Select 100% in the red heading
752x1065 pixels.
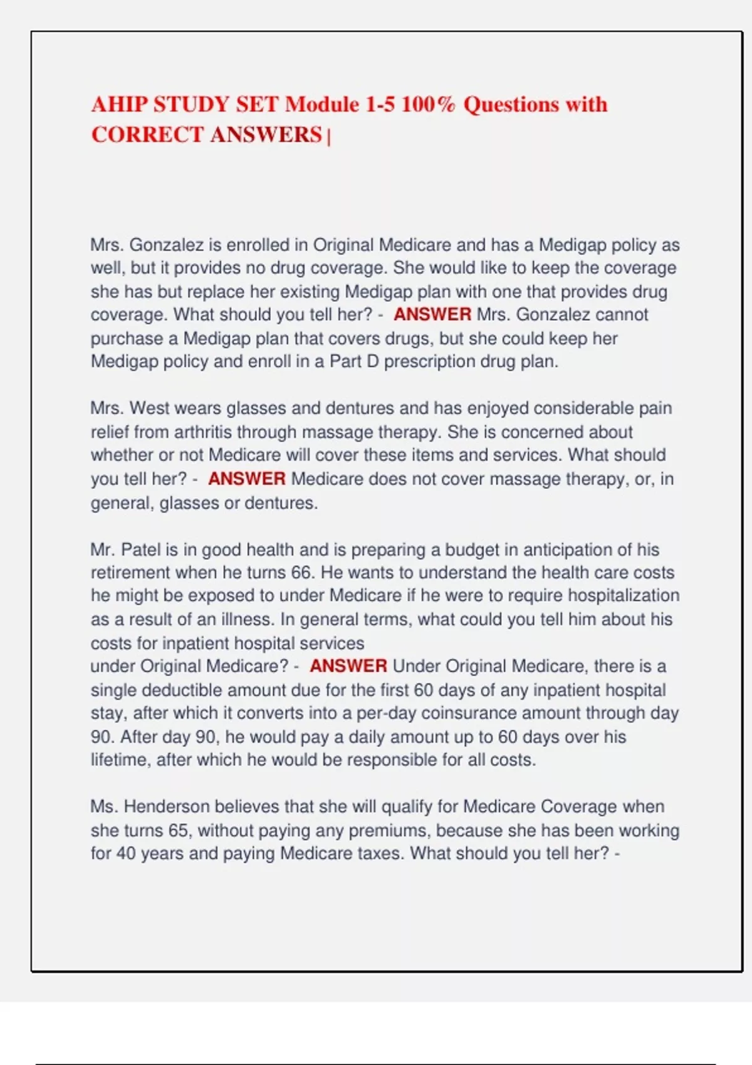pos(428,104)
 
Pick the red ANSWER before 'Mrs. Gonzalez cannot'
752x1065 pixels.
pos(432,314)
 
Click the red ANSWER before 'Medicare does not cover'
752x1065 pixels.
pos(246,479)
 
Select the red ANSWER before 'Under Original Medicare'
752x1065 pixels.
pos(348,666)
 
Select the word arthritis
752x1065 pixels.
pos(202,432)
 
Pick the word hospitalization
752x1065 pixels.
pos(624,596)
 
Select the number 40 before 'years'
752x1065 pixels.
pos(126,853)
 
